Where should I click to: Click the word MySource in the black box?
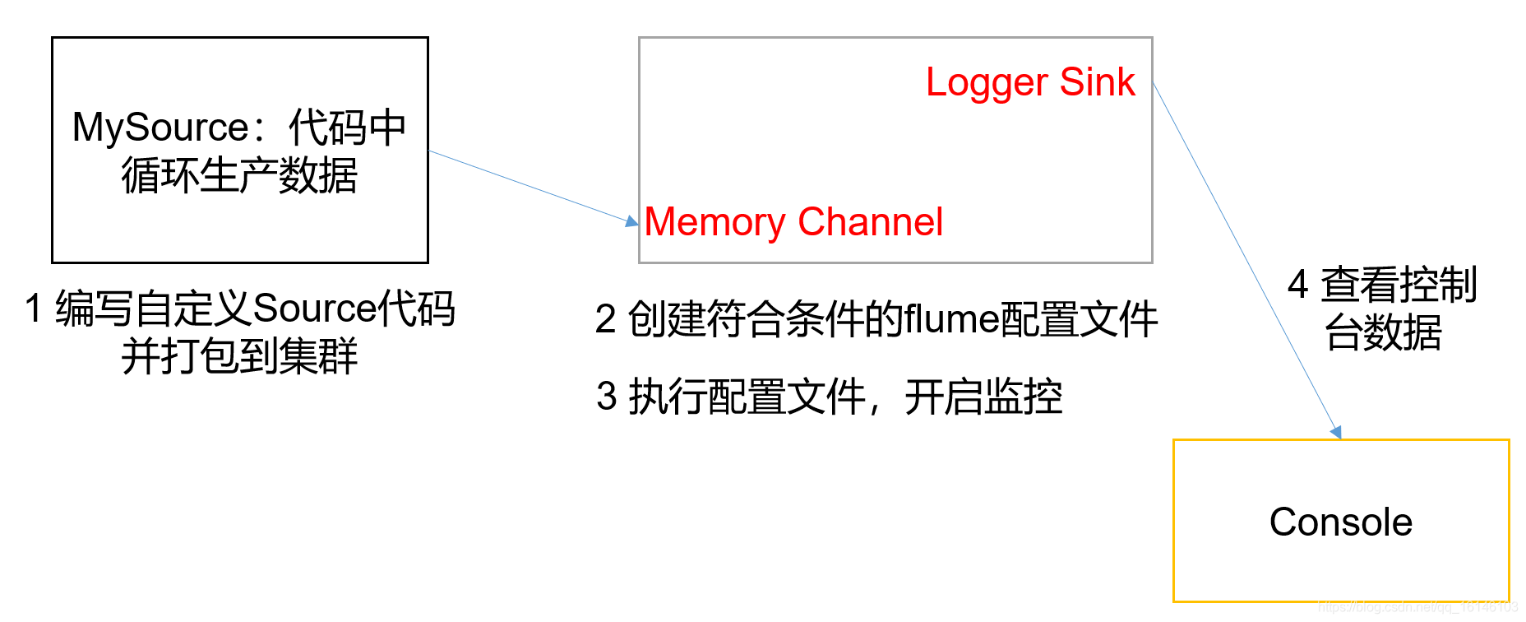pos(160,128)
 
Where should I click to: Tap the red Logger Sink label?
pos(1029,82)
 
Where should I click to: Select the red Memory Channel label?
pos(793,222)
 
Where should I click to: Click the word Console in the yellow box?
pos(1340,522)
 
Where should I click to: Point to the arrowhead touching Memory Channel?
pos(631,220)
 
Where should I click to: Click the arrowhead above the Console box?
pos(1336,432)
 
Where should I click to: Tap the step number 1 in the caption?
pos(33,309)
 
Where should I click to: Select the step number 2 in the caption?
pos(605,319)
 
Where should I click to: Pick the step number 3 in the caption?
pos(607,397)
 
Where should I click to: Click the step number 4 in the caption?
pos(1297,285)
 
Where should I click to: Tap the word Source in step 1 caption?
pos(314,309)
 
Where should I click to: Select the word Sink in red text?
pos(1097,82)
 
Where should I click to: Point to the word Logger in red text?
pos(987,82)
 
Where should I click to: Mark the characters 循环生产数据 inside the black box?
pos(239,176)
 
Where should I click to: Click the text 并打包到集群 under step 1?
pos(239,357)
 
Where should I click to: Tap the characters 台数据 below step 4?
pos(1383,333)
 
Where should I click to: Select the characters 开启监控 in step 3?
pos(983,397)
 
